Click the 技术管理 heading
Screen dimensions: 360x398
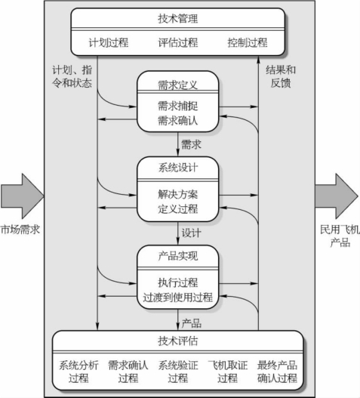tap(177, 19)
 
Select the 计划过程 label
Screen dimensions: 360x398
tap(109, 42)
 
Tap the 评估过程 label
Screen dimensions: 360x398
tap(178, 42)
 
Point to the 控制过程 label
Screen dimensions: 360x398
tap(248, 42)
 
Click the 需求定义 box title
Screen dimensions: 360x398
tap(177, 85)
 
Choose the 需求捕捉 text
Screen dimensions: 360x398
tap(177, 106)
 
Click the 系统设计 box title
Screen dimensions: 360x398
tap(177, 168)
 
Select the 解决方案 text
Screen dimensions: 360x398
tap(177, 194)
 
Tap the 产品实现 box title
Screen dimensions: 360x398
tap(177, 256)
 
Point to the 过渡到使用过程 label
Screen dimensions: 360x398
tap(177, 298)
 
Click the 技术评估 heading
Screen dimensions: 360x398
tap(177, 341)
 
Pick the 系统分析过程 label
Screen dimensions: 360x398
tap(78, 372)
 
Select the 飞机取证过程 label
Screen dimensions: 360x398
tap(228, 372)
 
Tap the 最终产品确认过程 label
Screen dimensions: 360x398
tap(277, 372)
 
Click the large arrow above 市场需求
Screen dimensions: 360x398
tap(23, 196)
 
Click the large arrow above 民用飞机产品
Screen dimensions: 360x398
tap(337, 196)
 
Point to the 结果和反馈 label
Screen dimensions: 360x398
tap(281, 76)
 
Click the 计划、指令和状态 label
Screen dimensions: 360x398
tap(72, 76)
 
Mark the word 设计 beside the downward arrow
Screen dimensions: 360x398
tap(191, 233)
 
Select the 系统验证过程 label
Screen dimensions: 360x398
tap(178, 372)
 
